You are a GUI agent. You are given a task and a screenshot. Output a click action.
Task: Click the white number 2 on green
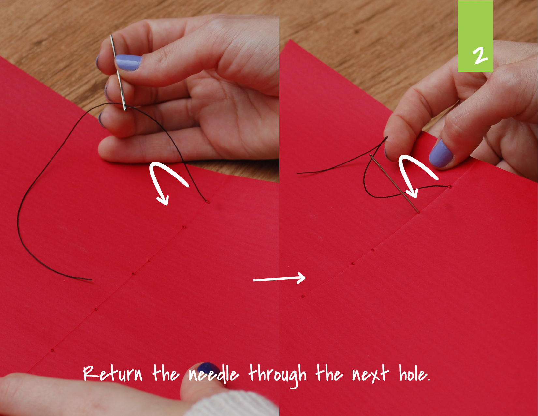click(x=480, y=55)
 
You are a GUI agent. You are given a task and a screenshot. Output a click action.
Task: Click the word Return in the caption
click(x=112, y=374)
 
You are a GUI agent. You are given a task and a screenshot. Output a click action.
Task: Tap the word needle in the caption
click(x=213, y=374)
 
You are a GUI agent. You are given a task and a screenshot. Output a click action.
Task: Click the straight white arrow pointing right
click(x=280, y=279)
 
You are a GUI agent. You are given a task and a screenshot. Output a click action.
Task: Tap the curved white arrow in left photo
click(x=166, y=181)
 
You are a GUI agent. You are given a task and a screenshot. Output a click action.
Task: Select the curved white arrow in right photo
click(x=415, y=173)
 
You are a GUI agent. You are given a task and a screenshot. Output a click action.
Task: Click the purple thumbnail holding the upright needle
click(x=128, y=62)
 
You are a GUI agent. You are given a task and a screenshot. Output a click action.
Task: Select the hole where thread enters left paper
click(x=207, y=202)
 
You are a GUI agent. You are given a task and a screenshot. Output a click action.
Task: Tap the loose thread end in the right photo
click(x=298, y=173)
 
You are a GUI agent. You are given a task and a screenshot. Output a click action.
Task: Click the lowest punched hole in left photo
click(x=52, y=350)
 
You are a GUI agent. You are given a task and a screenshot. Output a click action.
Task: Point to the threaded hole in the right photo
click(x=450, y=187)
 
